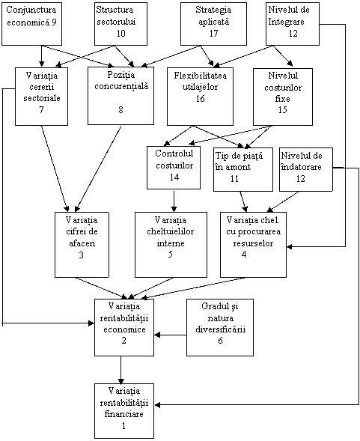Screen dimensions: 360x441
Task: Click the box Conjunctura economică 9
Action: (x=31, y=24)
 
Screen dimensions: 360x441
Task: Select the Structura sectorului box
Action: (x=120, y=24)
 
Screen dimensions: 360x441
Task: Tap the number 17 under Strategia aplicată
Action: (x=213, y=34)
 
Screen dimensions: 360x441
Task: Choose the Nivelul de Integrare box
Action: (x=293, y=24)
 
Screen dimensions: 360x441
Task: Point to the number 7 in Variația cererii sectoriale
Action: (x=42, y=109)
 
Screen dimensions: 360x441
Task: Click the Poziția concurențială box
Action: (x=120, y=96)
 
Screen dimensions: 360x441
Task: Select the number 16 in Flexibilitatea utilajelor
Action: (x=201, y=98)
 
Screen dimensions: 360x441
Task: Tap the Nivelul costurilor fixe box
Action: (x=283, y=97)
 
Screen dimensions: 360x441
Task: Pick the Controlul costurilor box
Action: (x=174, y=168)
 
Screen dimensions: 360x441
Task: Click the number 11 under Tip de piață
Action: (x=234, y=178)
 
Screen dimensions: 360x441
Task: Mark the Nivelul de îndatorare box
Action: (x=305, y=170)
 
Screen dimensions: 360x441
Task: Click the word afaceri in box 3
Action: (x=82, y=243)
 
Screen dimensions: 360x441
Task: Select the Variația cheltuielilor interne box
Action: (x=171, y=244)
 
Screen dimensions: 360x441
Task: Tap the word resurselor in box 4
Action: (x=253, y=243)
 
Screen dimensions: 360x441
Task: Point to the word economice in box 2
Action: (x=124, y=329)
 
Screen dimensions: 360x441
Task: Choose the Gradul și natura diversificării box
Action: (x=220, y=327)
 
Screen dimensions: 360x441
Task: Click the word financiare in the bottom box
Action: (x=124, y=414)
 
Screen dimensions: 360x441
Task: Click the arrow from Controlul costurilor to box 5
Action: (x=174, y=201)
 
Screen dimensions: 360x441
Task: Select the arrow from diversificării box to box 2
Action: (x=171, y=335)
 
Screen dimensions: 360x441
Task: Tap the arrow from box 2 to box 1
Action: (x=121, y=370)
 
